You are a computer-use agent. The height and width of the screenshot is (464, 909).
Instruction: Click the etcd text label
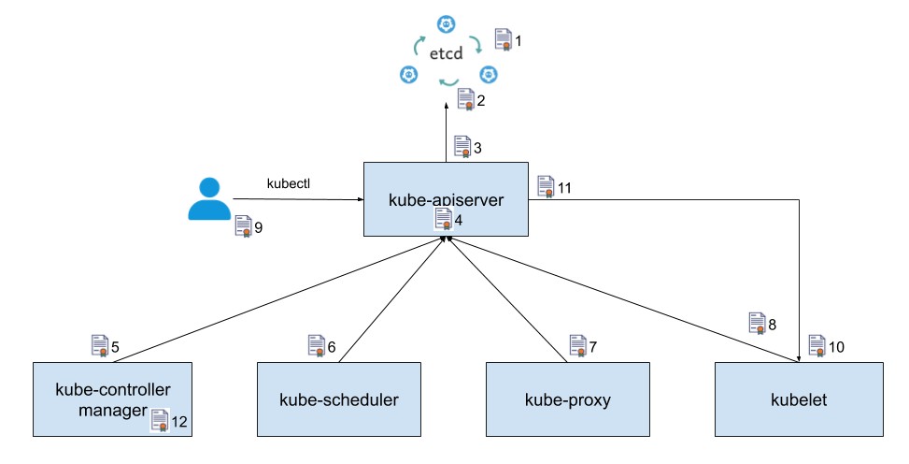click(x=447, y=54)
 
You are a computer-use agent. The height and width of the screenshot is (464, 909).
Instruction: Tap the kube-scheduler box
click(x=339, y=399)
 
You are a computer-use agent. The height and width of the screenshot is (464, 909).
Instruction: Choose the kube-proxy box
click(x=568, y=399)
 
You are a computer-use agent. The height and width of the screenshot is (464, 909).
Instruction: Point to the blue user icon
click(x=208, y=197)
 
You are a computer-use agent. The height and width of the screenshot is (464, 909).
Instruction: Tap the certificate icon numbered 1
click(x=503, y=39)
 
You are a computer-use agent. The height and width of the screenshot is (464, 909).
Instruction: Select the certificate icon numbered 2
click(x=465, y=99)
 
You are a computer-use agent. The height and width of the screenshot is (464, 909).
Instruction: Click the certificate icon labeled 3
click(x=462, y=147)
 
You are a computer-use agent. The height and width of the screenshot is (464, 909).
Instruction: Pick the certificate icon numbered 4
click(x=444, y=219)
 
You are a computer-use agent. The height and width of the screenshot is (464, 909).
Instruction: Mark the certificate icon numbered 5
click(x=99, y=346)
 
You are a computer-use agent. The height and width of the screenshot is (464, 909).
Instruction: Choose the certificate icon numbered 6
click(x=316, y=346)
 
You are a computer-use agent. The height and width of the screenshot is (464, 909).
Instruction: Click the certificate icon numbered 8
click(x=756, y=324)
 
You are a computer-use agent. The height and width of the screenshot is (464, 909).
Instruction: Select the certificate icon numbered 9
click(x=243, y=226)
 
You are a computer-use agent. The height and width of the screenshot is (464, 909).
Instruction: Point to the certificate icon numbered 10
click(x=817, y=346)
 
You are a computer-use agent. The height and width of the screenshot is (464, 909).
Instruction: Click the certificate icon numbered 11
click(x=546, y=186)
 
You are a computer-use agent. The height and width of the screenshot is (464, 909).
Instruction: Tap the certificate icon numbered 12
click(x=160, y=421)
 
